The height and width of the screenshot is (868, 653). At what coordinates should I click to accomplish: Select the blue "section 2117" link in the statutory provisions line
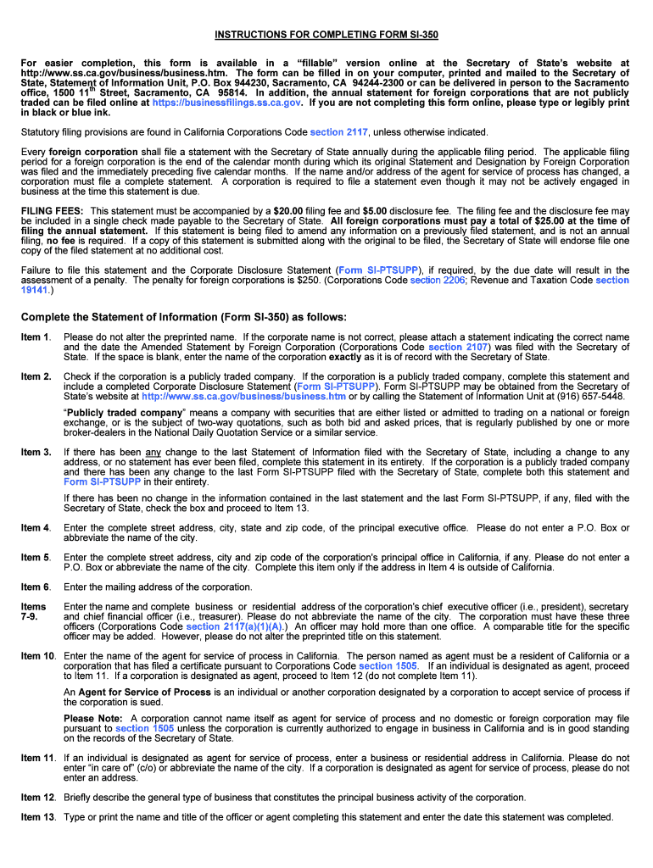(338, 132)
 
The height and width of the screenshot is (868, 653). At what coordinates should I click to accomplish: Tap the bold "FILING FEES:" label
(53, 210)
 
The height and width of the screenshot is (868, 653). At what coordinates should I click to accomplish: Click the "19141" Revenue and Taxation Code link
(36, 290)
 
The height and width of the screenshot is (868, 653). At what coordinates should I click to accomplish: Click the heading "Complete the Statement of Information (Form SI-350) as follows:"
(184, 317)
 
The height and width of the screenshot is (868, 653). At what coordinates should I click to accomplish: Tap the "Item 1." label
(36, 337)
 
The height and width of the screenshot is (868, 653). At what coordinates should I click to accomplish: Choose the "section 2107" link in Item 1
(457, 347)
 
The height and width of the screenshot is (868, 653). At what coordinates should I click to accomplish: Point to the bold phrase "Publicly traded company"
(124, 413)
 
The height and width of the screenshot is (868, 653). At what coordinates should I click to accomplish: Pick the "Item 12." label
(38, 798)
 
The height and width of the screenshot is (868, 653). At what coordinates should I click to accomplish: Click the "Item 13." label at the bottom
(38, 817)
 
